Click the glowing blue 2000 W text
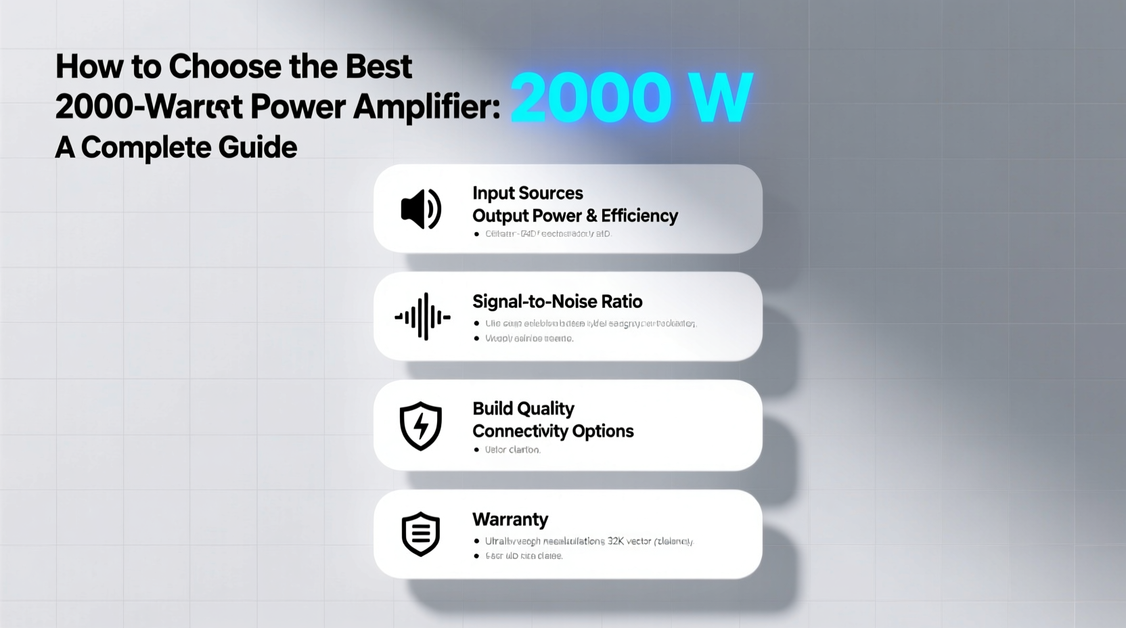point(631,98)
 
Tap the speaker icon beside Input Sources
point(421,209)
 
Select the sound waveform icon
point(422,316)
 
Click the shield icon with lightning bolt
point(421,426)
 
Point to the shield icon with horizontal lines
point(421,534)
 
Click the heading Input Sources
point(527,194)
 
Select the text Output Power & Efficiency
point(575,216)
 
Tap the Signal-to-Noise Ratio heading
point(557,301)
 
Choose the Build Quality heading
point(523,409)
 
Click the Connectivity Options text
point(553,431)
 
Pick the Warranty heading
point(510,519)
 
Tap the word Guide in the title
point(257,148)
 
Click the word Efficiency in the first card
point(639,216)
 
